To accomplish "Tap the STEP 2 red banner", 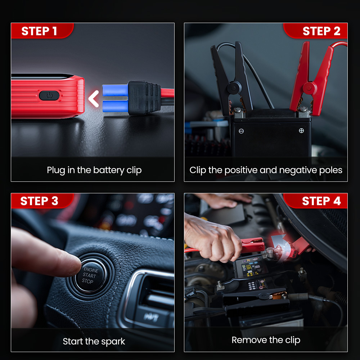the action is pyautogui.click(x=315, y=31).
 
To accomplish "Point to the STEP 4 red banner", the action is pyautogui.click(x=315, y=201).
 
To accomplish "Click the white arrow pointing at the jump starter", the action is pyautogui.click(x=94, y=99).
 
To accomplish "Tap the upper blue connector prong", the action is pyautogui.click(x=115, y=90).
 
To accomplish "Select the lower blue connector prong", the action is pyautogui.click(x=115, y=106).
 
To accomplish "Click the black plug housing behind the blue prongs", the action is pyautogui.click(x=144, y=98).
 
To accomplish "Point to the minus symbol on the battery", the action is pyautogui.click(x=241, y=131).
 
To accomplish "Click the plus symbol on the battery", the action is pyautogui.click(x=301, y=131).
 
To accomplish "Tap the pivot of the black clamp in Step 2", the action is pyautogui.click(x=234, y=88).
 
